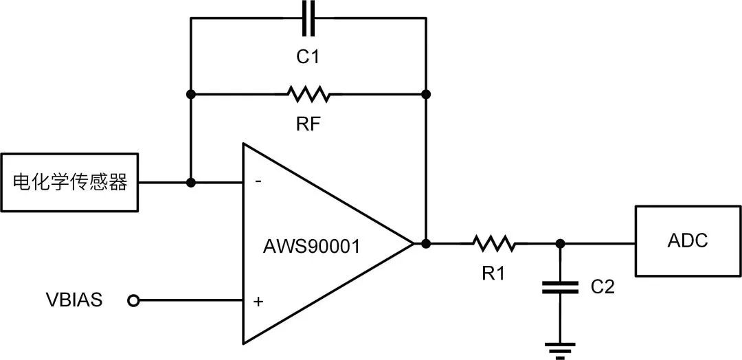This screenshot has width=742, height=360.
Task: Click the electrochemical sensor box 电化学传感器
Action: pos(70,182)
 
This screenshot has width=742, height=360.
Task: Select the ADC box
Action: pos(688,241)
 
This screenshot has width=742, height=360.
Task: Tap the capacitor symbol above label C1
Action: pos(309,19)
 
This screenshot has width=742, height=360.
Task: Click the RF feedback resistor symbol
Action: pos(308,93)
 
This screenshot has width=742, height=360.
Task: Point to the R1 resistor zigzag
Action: pos(493,243)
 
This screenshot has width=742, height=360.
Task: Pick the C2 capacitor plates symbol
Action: pos(561,287)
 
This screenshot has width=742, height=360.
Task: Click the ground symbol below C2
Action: pos(561,348)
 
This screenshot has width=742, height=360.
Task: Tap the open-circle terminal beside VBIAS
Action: pos(134,300)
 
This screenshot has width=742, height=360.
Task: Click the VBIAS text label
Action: pos(74,300)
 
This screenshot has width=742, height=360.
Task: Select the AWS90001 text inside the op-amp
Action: pos(311,246)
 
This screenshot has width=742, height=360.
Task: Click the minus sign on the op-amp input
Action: pos(258,183)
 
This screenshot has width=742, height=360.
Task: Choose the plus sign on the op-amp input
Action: pos(258,301)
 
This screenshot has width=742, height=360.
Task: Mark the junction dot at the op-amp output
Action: pos(426,243)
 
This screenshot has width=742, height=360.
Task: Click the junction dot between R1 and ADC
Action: pos(561,243)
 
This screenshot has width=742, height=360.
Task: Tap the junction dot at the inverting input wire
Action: pos(191,183)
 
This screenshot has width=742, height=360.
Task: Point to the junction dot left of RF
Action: pos(191,93)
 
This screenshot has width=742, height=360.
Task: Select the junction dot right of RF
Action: pos(426,93)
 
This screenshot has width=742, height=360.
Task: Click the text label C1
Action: pos(308,57)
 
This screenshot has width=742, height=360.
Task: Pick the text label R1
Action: pos(493,273)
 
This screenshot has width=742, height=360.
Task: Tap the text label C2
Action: pos(603,287)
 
